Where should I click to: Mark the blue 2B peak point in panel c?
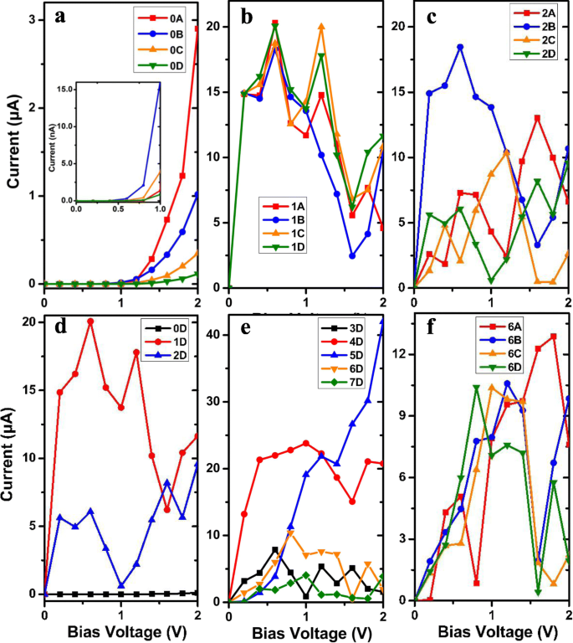[x=460, y=47]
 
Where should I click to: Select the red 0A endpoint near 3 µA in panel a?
[x=197, y=28]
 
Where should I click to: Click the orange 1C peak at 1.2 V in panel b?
[x=321, y=27]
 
